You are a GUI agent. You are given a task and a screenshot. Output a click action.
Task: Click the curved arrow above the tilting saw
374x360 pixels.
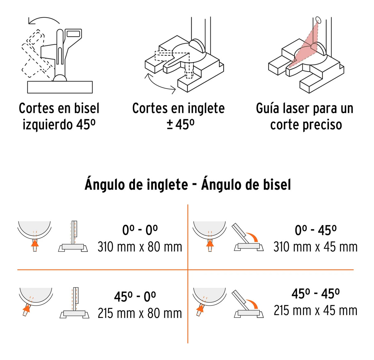44,20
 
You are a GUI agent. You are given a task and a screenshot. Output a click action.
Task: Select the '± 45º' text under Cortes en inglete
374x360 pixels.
180,125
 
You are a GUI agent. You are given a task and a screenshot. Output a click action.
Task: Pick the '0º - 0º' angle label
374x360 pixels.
140,230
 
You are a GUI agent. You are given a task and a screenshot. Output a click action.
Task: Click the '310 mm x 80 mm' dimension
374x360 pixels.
140,247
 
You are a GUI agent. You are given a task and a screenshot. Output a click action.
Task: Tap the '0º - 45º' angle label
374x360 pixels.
316,230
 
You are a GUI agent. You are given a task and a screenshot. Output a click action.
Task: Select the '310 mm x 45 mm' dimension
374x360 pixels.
315,247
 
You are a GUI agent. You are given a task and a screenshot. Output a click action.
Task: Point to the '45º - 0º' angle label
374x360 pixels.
135,296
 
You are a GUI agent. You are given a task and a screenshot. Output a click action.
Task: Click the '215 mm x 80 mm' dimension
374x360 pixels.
140,314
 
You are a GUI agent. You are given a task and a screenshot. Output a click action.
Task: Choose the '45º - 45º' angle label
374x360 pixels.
315,294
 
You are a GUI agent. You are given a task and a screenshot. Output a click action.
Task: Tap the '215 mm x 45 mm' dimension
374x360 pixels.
315,310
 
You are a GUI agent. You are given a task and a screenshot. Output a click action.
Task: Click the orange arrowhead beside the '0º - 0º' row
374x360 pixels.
35,243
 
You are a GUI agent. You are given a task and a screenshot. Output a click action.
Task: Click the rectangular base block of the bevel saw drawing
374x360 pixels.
60,87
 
